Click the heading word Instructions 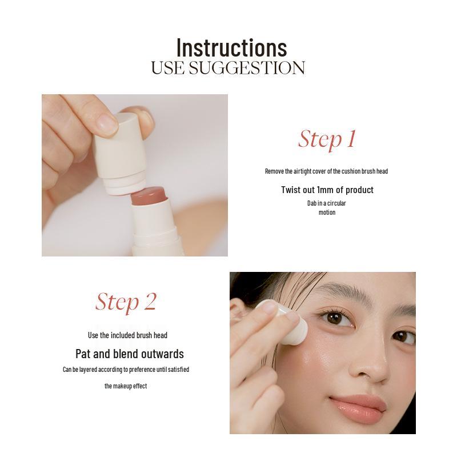click(x=231, y=47)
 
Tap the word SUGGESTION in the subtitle click(x=247, y=68)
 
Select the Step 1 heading click(x=327, y=139)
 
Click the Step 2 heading click(x=126, y=302)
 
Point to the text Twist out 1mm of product click(x=327, y=190)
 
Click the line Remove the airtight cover click(x=326, y=171)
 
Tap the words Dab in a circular click(x=327, y=203)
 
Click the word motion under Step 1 click(x=327, y=213)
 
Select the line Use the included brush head click(x=127, y=335)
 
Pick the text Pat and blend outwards click(x=130, y=354)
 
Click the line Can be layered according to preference click(x=126, y=370)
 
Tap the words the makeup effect click(x=126, y=386)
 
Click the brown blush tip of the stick click(x=148, y=198)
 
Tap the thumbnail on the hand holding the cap click(x=106, y=123)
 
